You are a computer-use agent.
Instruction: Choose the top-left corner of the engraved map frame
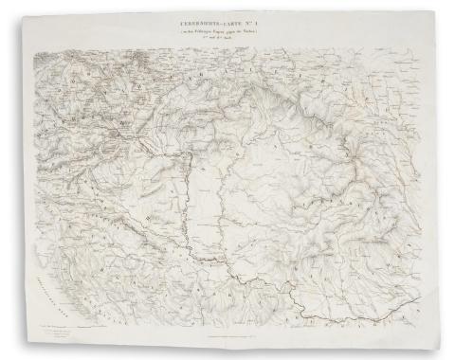pos(36,46)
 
